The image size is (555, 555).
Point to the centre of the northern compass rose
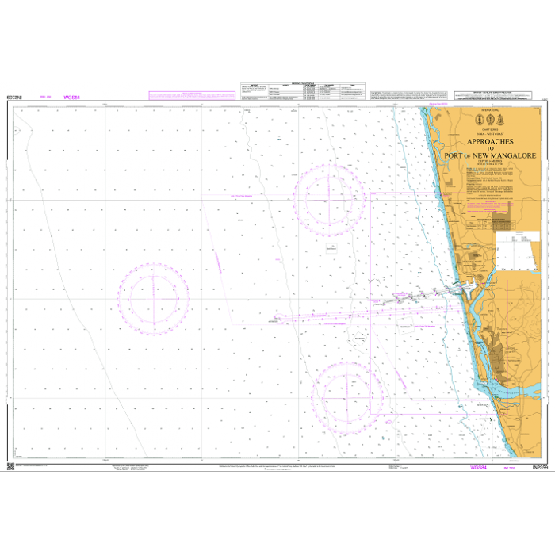tap(329, 198)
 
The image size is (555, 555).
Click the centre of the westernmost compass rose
tap(155, 299)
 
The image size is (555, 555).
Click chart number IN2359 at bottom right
tap(537, 468)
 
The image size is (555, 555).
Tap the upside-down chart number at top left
tap(14, 97)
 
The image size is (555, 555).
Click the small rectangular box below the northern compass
tap(331, 247)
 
